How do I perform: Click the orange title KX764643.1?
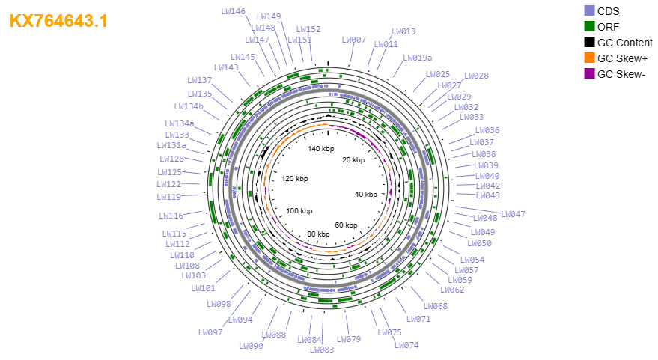[x=58, y=21]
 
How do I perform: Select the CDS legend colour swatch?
[x=589, y=11]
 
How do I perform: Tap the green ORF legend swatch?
[x=589, y=26]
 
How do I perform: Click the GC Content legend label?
[x=625, y=43]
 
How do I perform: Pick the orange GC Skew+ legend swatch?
[x=589, y=58]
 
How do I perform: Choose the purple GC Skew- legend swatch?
[x=589, y=74]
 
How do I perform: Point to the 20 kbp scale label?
[x=353, y=160]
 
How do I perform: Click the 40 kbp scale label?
[x=366, y=195]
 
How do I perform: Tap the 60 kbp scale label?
[x=346, y=225]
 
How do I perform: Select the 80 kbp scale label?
[x=318, y=234]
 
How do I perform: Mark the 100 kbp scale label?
[x=299, y=210]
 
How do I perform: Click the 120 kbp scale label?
[x=295, y=179]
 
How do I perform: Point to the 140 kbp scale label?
[x=321, y=148]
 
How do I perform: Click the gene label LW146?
[x=234, y=11]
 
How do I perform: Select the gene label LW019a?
[x=418, y=58]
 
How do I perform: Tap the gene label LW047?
[x=514, y=214]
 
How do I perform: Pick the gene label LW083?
[x=322, y=350]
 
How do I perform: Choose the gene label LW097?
[x=210, y=332]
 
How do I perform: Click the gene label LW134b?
[x=189, y=106]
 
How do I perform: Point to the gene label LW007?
[x=354, y=40]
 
